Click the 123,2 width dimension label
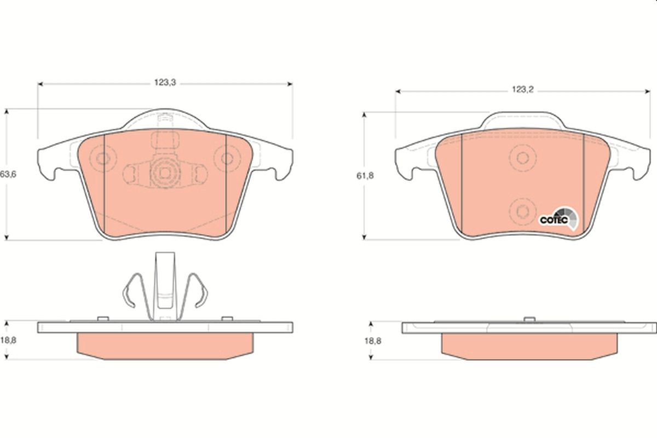point(522,90)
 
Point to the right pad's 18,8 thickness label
point(372,341)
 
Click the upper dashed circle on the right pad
point(522,158)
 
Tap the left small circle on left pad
point(102,160)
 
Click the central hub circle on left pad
point(165,172)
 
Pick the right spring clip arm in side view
point(196,290)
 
